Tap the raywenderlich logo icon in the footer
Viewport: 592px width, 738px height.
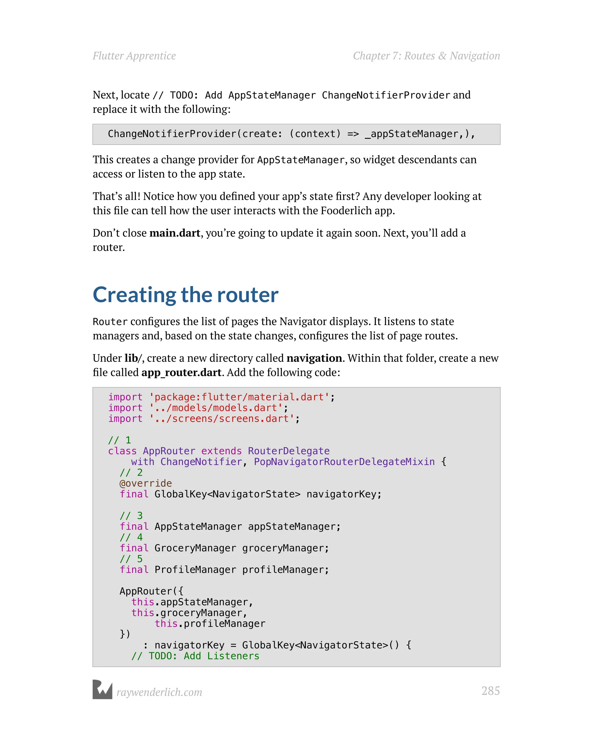point(102,689)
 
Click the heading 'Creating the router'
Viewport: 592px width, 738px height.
point(186,295)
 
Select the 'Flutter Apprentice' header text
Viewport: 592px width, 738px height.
point(134,56)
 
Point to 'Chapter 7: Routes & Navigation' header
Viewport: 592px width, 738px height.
point(426,56)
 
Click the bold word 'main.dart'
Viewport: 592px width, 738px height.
point(175,233)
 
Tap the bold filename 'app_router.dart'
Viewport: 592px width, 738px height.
point(181,372)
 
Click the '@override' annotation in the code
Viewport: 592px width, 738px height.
point(145,483)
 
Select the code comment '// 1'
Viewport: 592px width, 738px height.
point(119,440)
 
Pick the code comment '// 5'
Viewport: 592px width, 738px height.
point(131,559)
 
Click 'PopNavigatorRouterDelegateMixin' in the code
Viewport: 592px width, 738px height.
point(344,462)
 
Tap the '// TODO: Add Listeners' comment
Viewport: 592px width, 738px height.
point(195,656)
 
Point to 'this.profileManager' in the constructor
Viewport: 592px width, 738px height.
point(210,624)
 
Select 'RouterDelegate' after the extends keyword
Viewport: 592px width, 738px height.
point(288,451)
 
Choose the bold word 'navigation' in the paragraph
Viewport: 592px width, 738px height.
point(314,358)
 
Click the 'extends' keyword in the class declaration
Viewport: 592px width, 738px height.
point(221,451)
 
